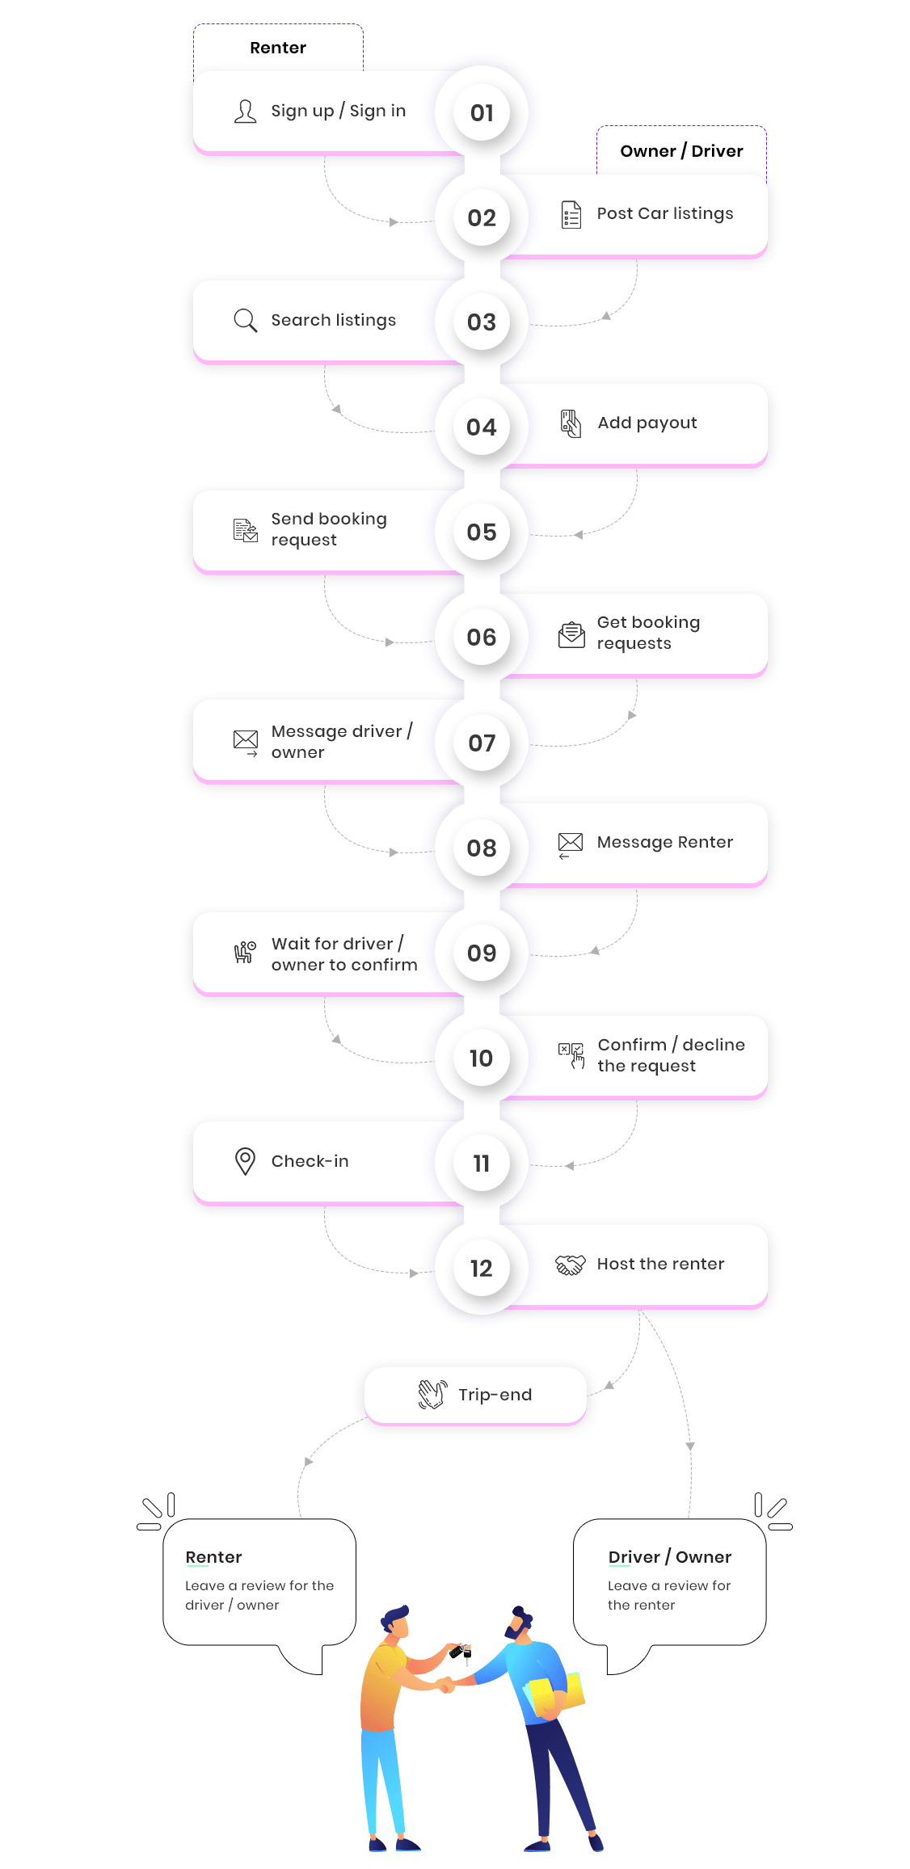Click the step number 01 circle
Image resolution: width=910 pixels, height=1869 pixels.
(482, 113)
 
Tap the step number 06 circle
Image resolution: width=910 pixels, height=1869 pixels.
(482, 638)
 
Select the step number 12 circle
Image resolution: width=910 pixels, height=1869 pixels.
(482, 1269)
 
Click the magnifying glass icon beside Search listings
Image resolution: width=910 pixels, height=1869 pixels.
(245, 321)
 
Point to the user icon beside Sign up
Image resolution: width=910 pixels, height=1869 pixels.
(245, 112)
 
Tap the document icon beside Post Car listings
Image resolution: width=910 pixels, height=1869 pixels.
(571, 215)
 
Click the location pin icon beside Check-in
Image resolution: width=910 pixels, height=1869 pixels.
(245, 1161)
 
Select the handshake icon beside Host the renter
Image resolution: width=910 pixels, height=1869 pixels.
(571, 1265)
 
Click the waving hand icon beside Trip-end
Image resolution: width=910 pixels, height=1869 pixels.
(432, 1395)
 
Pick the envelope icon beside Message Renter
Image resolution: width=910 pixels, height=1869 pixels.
(571, 843)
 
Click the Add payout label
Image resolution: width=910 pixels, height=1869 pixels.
(647, 423)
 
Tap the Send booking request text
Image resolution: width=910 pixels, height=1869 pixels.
(329, 529)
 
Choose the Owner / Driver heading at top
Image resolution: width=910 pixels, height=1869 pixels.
(682, 151)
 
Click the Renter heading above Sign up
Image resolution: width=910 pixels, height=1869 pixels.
(278, 48)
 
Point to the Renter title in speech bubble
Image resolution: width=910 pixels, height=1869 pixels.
(214, 1557)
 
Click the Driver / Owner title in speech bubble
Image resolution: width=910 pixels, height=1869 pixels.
(670, 1557)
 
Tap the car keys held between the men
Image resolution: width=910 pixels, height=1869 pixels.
(461, 1652)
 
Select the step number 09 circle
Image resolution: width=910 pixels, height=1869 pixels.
(482, 953)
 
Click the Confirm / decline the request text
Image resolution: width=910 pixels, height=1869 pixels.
(671, 1055)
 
